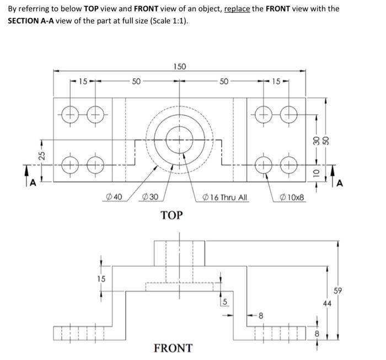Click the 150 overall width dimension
coord(180,67)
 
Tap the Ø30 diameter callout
coord(151,196)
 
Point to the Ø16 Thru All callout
coord(225,196)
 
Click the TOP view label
coord(171,214)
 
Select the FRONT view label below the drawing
coord(173,348)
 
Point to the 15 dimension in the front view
coord(101,278)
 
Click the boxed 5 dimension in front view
coord(224,302)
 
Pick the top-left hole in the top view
coord(70,116)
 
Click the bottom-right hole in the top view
coord(287,164)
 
